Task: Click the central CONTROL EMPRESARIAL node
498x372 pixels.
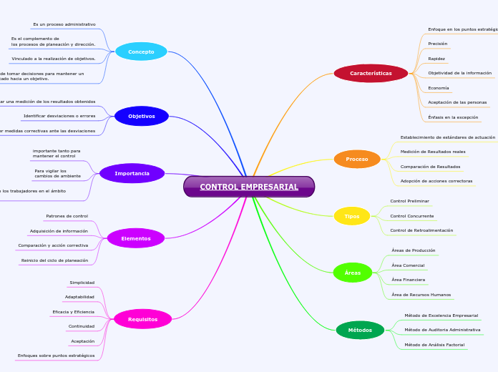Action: [x=249, y=187]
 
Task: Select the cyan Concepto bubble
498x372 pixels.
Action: [x=141, y=52]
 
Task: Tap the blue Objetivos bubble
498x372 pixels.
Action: [x=142, y=116]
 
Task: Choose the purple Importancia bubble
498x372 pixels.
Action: [x=132, y=173]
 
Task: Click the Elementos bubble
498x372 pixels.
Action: [x=136, y=238]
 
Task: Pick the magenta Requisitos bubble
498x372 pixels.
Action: [x=142, y=319]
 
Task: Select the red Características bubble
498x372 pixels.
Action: [x=371, y=73]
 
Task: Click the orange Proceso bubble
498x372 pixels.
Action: [x=357, y=159]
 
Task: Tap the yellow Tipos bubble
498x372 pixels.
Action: [x=352, y=216]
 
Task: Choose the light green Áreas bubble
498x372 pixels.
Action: [x=353, y=273]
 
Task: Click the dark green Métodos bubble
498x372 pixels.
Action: [x=360, y=330]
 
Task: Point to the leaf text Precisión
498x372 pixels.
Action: [x=437, y=44]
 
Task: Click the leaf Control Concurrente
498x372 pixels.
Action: [x=411, y=215]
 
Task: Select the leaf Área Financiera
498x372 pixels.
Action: [x=408, y=280]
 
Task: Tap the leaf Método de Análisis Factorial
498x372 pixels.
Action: [x=434, y=345]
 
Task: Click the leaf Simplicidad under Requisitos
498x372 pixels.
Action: [x=82, y=283]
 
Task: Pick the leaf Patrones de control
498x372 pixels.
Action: [x=67, y=216]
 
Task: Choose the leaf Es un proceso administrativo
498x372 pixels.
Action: [x=64, y=24]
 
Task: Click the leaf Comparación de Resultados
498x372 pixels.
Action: [x=430, y=167]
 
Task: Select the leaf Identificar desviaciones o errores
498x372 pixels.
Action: [x=59, y=116]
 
